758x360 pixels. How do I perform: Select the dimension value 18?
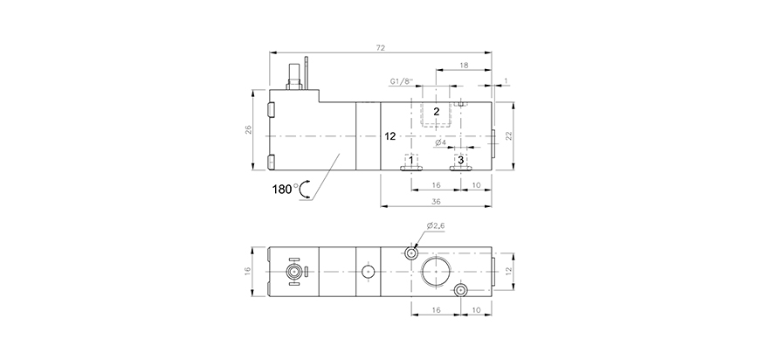[x=463, y=66]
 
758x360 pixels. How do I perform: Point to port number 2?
[x=437, y=111]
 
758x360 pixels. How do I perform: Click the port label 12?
[x=390, y=136]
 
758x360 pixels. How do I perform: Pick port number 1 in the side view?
[x=411, y=161]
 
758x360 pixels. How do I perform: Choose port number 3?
[x=460, y=161]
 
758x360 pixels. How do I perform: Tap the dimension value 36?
[x=437, y=202]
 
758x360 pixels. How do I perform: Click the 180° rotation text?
[x=285, y=189]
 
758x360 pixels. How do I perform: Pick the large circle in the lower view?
[x=436, y=272]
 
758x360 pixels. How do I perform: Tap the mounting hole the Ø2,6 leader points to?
[x=411, y=253]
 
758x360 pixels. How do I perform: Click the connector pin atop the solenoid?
[x=307, y=71]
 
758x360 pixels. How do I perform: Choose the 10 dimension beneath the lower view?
[x=476, y=308]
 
